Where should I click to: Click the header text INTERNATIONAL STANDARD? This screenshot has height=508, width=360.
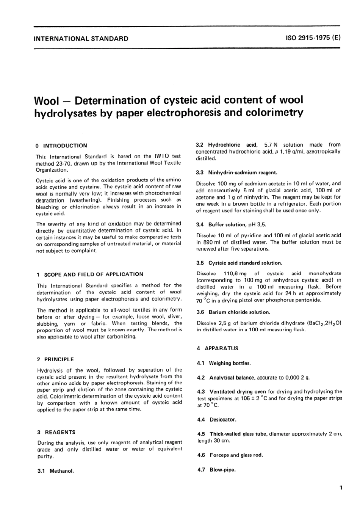[81, 38]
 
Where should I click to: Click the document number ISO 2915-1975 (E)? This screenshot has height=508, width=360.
[313, 38]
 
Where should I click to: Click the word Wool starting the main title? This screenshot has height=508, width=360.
[47, 101]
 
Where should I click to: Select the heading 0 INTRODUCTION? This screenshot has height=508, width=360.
[61, 146]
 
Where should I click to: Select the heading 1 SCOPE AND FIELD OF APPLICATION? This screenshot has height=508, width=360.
[90, 274]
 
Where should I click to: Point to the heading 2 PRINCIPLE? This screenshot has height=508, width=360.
[55, 359]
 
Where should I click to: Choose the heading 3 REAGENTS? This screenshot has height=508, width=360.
[56, 432]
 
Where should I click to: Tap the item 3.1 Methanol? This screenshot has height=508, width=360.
[55, 471]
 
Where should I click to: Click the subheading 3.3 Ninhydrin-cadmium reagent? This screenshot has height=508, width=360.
[236, 172]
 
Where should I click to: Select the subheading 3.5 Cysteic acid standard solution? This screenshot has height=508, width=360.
[239, 263]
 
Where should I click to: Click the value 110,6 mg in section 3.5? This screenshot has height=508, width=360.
[235, 273]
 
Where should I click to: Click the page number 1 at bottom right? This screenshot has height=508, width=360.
[341, 488]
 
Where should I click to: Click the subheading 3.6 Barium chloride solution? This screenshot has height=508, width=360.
[233, 312]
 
